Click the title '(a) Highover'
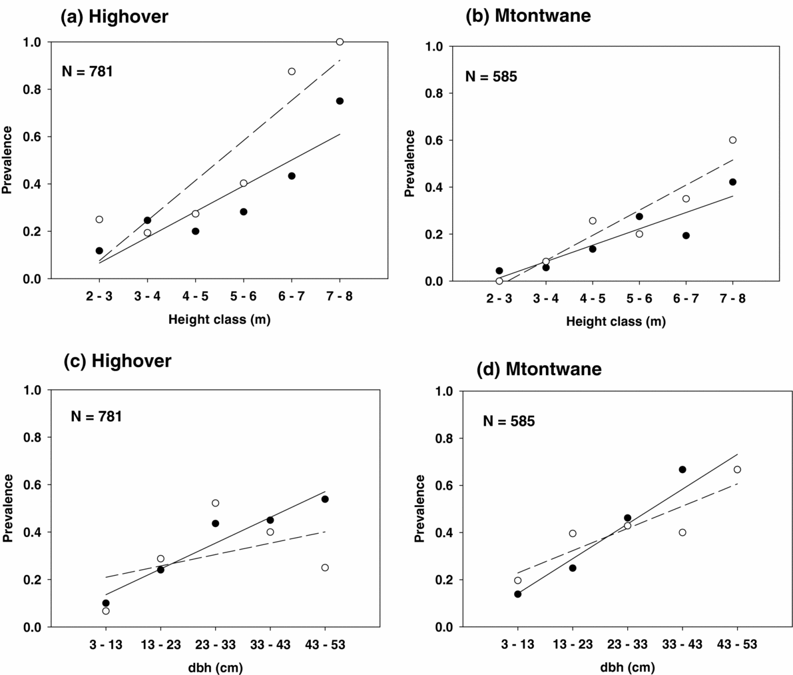[115, 17]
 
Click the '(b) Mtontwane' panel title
[528, 17]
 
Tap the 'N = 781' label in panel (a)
[87, 71]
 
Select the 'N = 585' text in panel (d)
[509, 421]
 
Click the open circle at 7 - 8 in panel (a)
[340, 42]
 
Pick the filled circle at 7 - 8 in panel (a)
[340, 101]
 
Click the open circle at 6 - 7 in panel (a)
[292, 71]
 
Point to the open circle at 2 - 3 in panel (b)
[499, 281]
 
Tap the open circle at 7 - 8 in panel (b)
[732, 140]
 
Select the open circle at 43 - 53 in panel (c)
[325, 568]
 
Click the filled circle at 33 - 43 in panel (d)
[682, 470]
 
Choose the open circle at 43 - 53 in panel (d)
[737, 470]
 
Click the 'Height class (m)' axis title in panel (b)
[616, 322]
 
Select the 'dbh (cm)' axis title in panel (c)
[215, 667]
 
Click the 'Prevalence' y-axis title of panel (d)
[419, 508]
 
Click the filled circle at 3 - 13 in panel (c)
[106, 603]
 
